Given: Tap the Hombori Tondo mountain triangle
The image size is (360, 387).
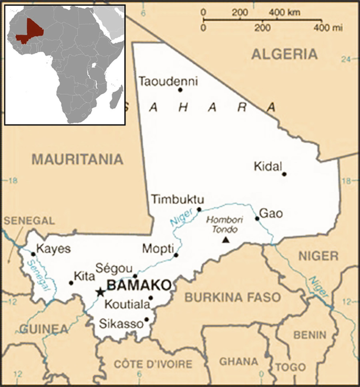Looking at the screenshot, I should (226, 240).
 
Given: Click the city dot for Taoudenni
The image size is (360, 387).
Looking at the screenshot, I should (180, 90).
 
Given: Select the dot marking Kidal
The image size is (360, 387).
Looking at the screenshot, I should (284, 174).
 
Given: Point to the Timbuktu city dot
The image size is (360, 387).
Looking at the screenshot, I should (199, 210).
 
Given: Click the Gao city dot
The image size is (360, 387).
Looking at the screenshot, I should (257, 218).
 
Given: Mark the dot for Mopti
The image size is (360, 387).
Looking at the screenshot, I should (176, 255).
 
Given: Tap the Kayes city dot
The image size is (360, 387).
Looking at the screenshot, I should (33, 254).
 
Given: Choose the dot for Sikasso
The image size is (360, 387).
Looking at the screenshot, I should (147, 319).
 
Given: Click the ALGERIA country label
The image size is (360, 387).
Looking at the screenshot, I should (284, 54).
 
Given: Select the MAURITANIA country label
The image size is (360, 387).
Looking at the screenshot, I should (77, 159).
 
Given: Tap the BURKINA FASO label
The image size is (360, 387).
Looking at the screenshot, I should (232, 297).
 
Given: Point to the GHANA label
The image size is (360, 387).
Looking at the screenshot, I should (239, 362).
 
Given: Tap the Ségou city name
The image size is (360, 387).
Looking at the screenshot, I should (110, 268).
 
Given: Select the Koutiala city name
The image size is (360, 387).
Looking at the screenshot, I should (125, 304).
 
